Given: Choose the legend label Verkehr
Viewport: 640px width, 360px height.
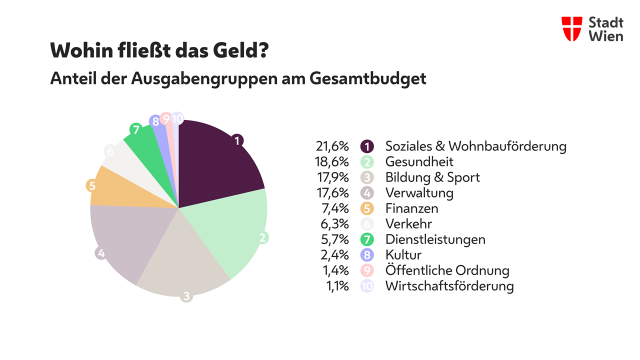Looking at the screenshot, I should pos(411,224).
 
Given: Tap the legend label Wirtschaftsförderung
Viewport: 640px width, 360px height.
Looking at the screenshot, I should pos(449,286).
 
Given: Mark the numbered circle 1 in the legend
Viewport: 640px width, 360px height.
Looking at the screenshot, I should pos(367,146).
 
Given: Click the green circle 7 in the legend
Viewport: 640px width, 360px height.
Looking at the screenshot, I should pos(367,240).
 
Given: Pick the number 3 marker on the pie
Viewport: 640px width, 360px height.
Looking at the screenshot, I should pos(186,296).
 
